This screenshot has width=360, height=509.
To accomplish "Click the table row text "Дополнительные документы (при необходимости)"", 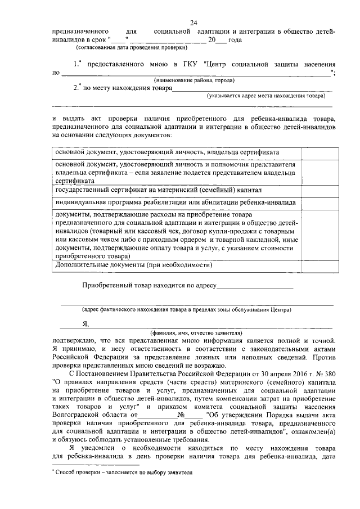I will tap(133, 264).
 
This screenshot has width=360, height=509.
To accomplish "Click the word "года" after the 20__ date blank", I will tap(235, 40).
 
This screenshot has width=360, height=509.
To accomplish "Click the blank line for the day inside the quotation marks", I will tap(119, 40).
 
